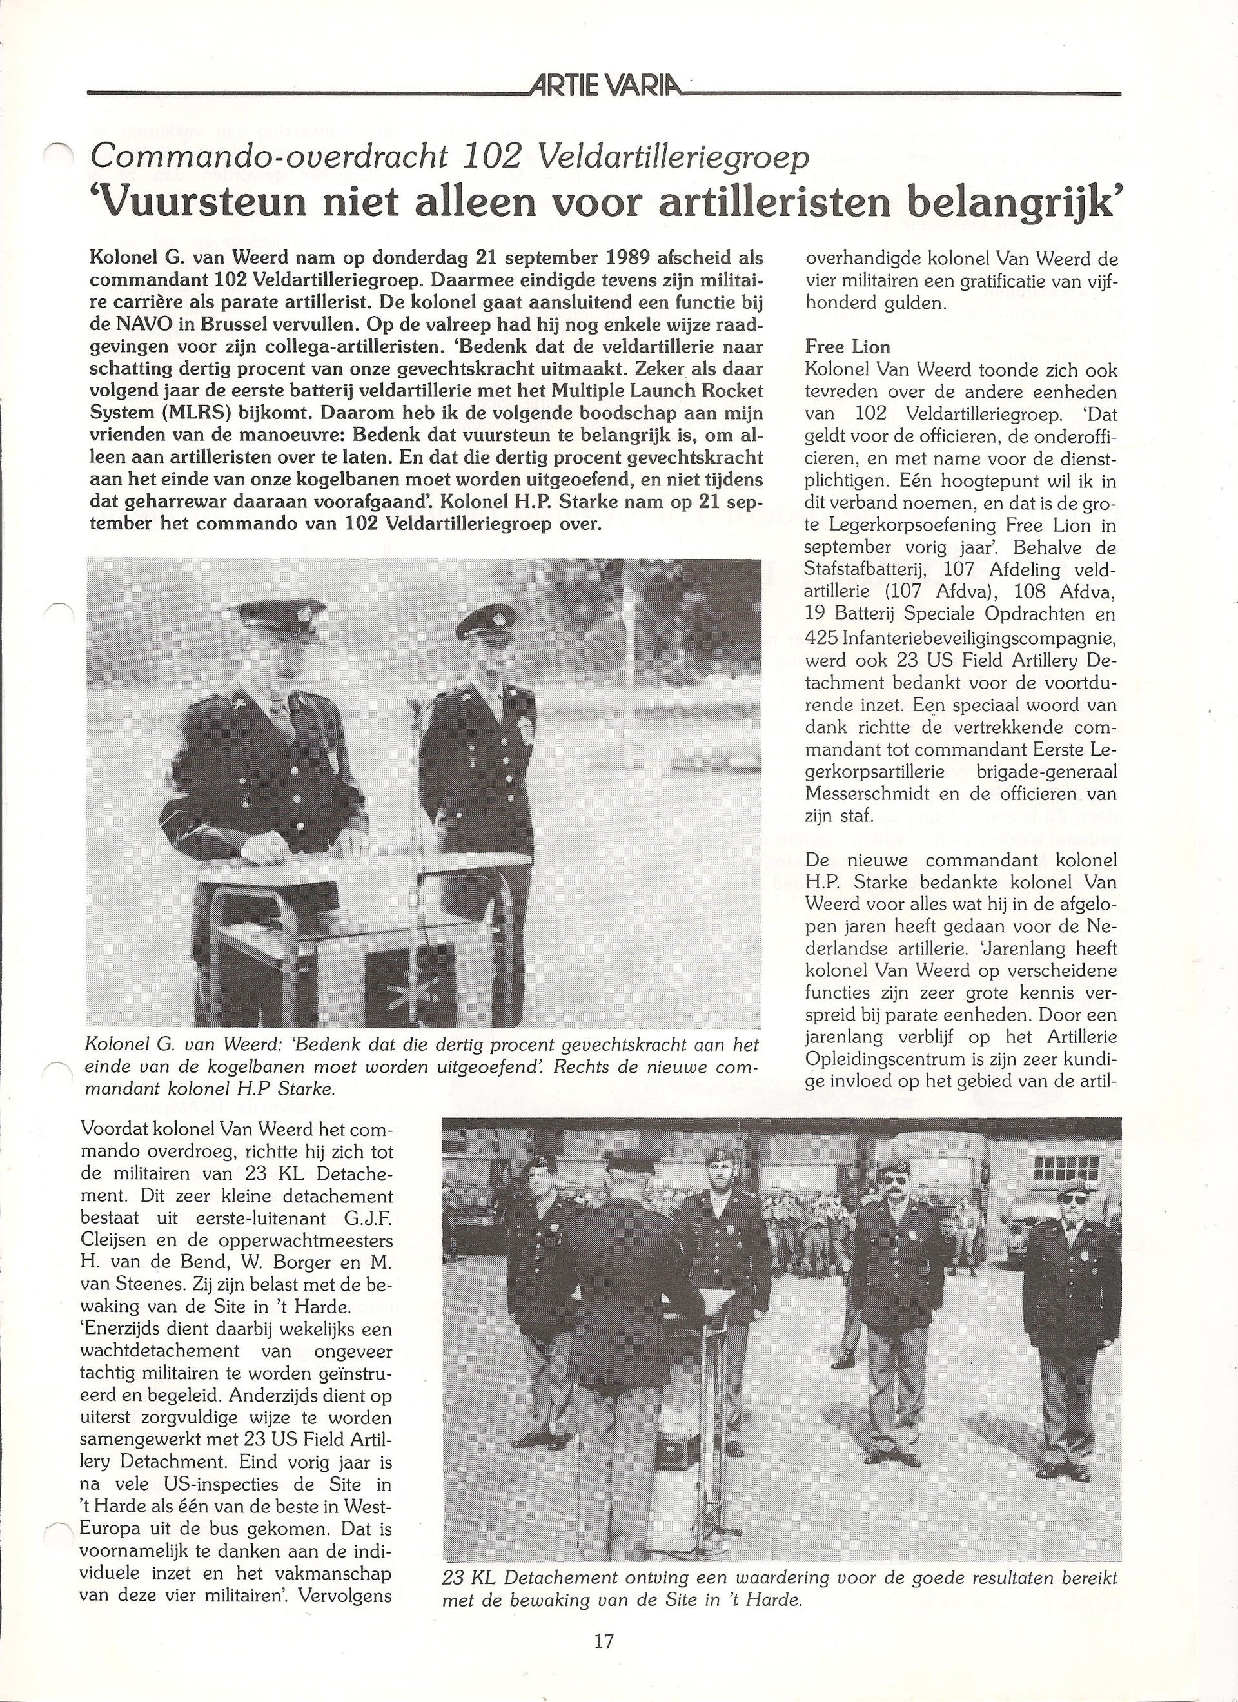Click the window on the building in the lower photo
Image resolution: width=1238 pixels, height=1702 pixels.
pos(1065,1167)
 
